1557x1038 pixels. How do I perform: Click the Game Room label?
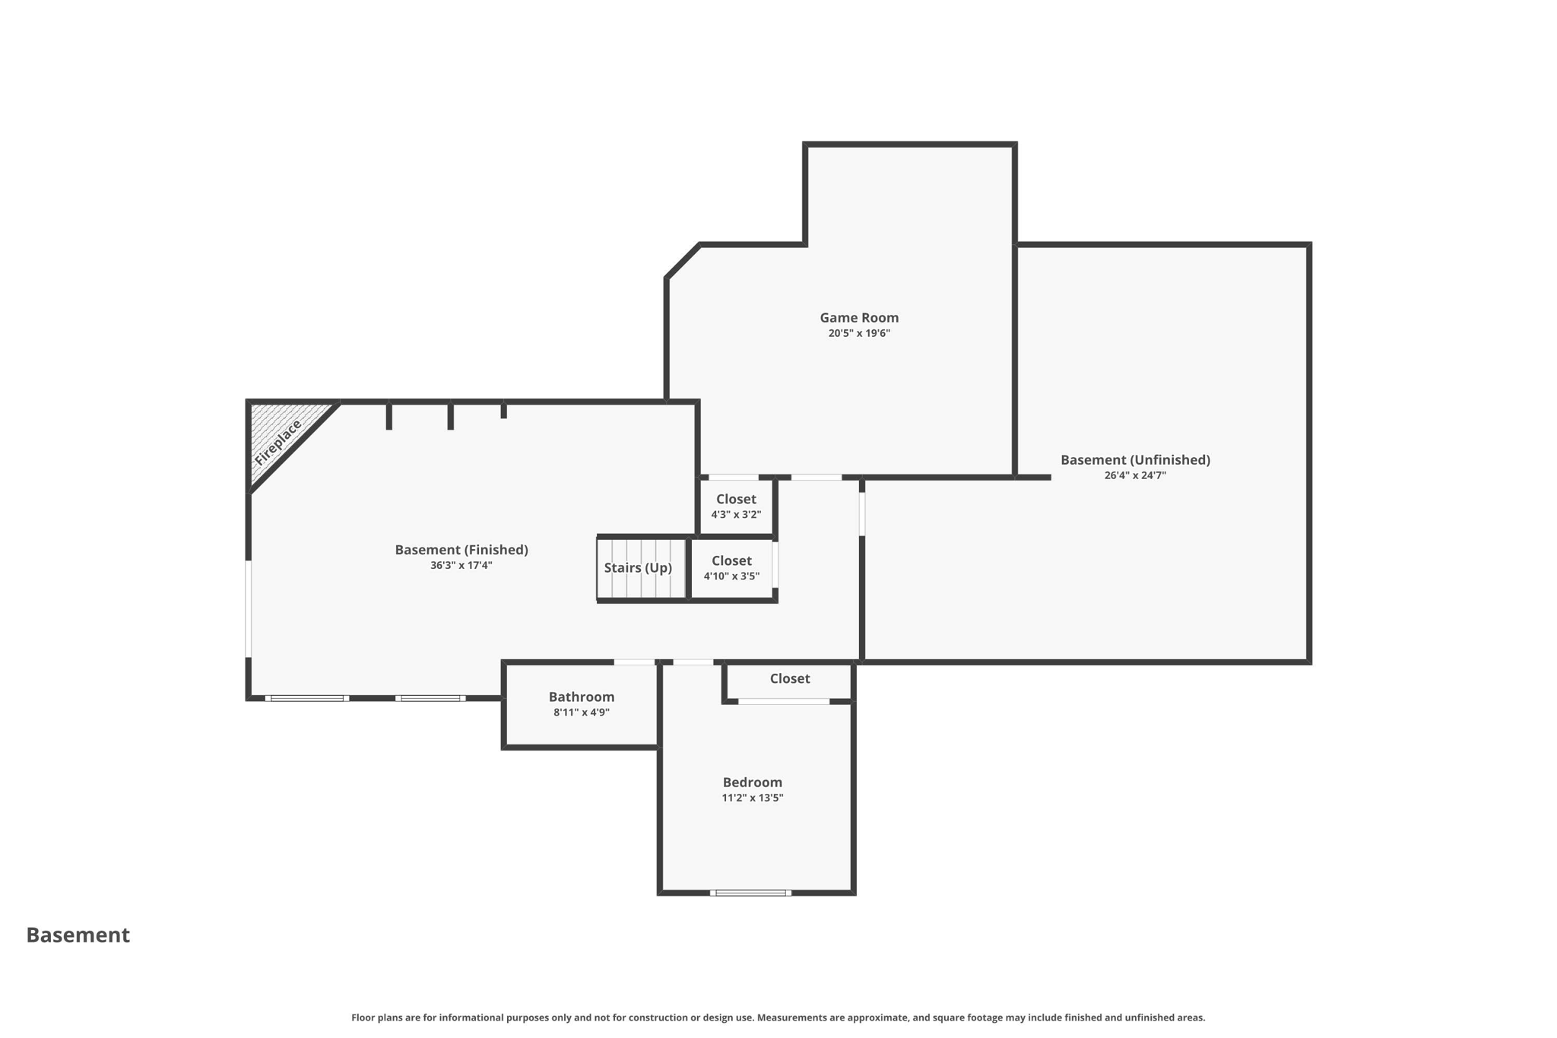[859, 318]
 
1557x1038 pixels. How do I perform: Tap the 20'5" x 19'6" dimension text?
[859, 334]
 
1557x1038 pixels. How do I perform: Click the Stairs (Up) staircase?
[639, 568]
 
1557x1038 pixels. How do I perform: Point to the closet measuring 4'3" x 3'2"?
[736, 506]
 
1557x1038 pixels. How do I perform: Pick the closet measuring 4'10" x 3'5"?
[731, 568]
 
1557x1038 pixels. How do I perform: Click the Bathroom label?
[582, 697]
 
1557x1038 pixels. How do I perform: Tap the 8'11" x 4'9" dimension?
[582, 713]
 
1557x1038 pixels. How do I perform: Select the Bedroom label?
[752, 782]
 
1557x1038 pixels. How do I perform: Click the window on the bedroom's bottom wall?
[750, 893]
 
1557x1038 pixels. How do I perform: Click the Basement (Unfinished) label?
[1135, 460]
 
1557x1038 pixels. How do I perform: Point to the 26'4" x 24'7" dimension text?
[1135, 476]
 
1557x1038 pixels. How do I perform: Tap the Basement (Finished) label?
[461, 550]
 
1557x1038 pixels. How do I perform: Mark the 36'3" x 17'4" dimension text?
[461, 566]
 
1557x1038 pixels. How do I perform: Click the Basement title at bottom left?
[78, 935]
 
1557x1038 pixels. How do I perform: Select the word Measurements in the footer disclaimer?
[788, 1017]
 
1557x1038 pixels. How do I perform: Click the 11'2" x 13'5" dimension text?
[752, 798]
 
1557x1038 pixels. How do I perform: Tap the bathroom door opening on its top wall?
[634, 662]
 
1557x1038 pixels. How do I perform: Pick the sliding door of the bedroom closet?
[783, 701]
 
